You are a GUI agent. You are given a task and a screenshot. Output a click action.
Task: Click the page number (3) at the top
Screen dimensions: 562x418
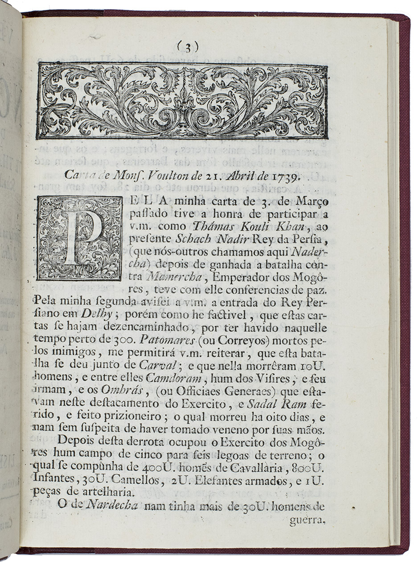point(188,46)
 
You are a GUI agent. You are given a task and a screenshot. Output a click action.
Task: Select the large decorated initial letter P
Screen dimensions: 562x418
point(80,238)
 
